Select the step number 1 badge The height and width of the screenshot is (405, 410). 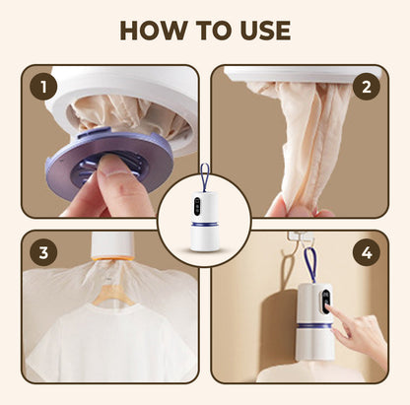pos(43,87)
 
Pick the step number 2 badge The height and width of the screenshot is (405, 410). pos(367,87)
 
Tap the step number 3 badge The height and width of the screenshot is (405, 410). pos(43,252)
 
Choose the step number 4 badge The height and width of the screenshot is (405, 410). pos(367,252)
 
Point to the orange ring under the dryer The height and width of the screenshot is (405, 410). pos(113,258)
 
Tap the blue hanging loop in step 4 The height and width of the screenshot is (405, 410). pos(311,265)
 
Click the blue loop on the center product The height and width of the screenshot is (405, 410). pos(205,177)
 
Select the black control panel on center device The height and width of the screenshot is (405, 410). pos(198,206)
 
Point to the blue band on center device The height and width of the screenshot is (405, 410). pos(205,224)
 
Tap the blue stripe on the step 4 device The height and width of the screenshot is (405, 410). pos(314,325)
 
